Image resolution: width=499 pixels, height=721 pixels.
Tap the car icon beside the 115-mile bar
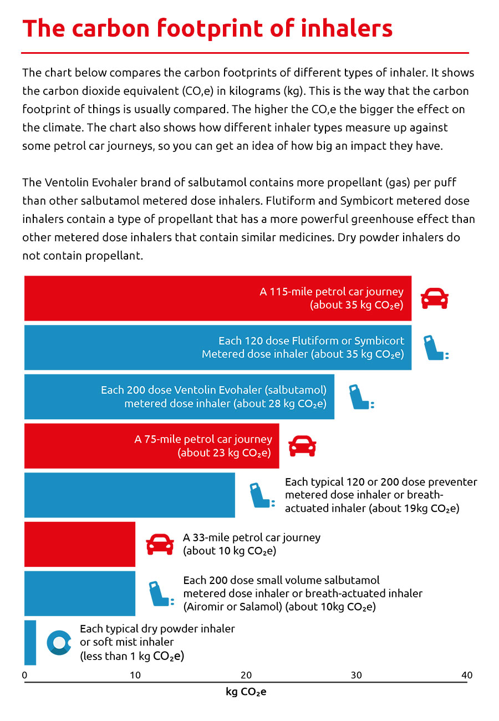tap(434, 298)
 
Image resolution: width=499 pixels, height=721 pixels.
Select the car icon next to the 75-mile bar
tap(302, 446)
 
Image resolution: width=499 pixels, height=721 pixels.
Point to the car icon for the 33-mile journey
tap(160, 544)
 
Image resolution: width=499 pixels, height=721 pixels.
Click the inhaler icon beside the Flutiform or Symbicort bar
tap(436, 348)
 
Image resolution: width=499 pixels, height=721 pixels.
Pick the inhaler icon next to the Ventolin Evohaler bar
tap(361, 397)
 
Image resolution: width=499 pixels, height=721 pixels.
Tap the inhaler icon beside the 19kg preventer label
tap(262, 495)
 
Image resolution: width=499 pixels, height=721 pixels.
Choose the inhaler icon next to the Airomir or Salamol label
tap(161, 593)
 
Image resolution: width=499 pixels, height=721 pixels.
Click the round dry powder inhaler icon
tap(59, 642)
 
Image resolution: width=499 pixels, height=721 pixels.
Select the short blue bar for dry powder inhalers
tap(30, 642)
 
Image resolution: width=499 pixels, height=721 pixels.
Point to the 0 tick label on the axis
tap(24, 675)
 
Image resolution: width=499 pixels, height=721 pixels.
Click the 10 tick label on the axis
tap(135, 675)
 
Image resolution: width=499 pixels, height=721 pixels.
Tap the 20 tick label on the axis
tap(246, 675)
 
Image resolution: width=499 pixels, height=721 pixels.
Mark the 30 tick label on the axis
tap(356, 675)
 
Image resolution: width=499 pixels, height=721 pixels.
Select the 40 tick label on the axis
tap(467, 675)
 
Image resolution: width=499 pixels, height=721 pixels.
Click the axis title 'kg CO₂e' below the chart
tap(246, 692)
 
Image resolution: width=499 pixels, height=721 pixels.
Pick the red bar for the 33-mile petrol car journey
tap(80, 544)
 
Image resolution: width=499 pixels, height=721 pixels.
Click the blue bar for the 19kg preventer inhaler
tap(130, 495)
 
